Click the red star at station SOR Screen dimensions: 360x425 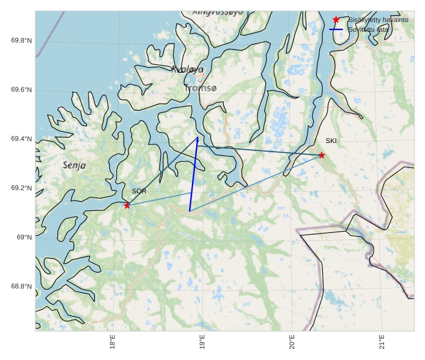[x=127, y=205]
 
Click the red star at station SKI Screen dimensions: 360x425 [x=322, y=155]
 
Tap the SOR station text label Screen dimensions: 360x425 [x=139, y=191]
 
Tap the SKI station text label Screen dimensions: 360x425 [x=331, y=141]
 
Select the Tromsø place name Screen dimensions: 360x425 [x=200, y=88]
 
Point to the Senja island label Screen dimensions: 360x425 [x=74, y=165]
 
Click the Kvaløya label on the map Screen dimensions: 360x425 [x=187, y=70]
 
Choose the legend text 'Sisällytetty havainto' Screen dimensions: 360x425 [x=378, y=20]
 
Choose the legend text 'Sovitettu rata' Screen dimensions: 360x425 [x=368, y=29]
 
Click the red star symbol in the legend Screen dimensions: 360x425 [x=336, y=20]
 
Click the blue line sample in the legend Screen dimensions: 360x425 [x=336, y=29]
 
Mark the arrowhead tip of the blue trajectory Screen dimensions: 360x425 [x=198, y=137]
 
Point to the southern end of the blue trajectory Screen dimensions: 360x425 [x=190, y=211]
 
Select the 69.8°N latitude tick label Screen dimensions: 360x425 [x=21, y=41]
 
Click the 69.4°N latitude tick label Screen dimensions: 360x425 [x=21, y=139]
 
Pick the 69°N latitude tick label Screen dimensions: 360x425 [x=24, y=237]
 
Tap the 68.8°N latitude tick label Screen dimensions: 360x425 [x=21, y=287]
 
